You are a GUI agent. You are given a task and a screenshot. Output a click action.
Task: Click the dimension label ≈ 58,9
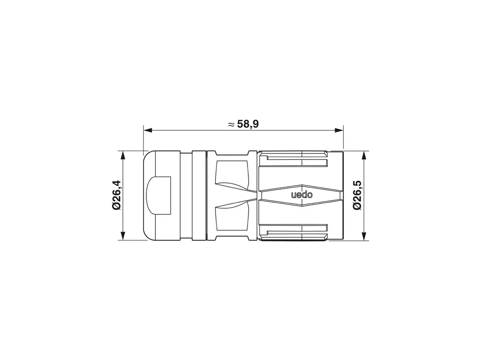(244, 124)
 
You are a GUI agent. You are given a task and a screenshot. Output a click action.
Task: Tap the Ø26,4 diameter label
(117, 195)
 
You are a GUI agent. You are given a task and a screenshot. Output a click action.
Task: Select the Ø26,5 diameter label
(357, 195)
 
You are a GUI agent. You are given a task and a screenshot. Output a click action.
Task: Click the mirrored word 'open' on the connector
(302, 195)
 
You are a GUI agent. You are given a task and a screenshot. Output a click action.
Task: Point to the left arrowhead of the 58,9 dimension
(148, 130)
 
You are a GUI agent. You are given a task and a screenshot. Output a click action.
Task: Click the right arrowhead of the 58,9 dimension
(339, 130)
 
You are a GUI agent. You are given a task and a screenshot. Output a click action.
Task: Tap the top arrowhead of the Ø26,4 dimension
(123, 155)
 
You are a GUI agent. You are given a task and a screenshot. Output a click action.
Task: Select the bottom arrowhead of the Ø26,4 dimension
(123, 236)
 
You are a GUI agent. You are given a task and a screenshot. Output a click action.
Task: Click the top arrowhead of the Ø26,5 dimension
(364, 155)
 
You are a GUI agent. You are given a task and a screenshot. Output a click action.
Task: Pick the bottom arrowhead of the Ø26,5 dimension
(364, 236)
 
